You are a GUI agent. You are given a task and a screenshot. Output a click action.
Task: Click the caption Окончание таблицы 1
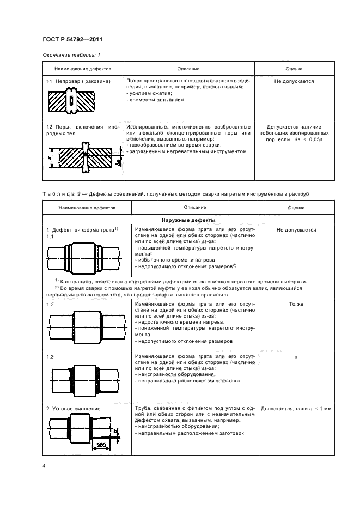click(71, 55)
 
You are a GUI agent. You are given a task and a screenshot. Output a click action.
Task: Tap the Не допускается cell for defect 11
click(294, 81)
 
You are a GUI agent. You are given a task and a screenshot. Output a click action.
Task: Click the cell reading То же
click(296, 305)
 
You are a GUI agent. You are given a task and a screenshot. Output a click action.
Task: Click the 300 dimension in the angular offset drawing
click(100, 445)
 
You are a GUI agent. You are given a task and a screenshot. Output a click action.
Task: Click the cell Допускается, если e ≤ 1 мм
click(296, 408)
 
